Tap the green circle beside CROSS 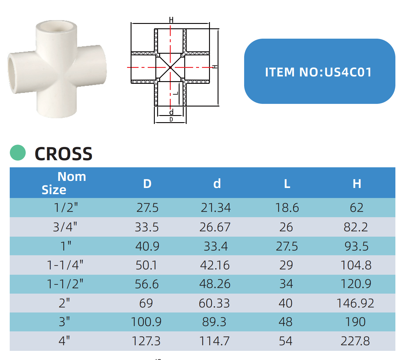[x=18, y=153]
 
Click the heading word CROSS [x=63, y=154]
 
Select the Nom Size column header [x=64, y=183]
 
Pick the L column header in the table [x=287, y=184]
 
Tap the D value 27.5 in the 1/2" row [x=147, y=207]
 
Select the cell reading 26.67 [x=215, y=227]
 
